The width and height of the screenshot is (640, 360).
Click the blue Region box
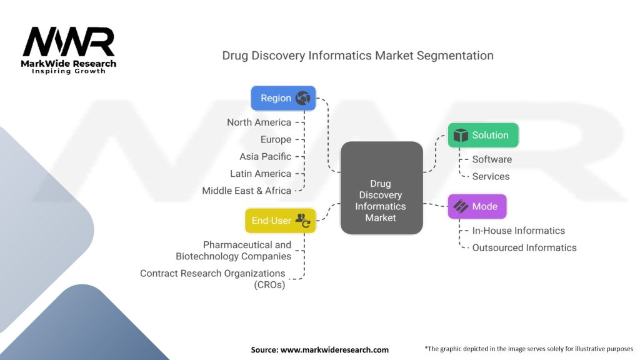283,98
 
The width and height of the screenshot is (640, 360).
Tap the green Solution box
483,135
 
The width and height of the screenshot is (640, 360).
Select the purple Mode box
477,206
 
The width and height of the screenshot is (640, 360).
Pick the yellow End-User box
280,220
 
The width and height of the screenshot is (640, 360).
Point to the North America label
259,122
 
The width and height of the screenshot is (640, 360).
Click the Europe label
276,139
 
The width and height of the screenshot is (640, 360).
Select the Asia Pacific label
265,156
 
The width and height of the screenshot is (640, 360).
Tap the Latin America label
260,173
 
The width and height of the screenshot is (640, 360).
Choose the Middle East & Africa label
246,191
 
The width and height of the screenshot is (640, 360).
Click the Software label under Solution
492,159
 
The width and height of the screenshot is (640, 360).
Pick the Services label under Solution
491,176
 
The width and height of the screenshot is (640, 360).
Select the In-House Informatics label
518,231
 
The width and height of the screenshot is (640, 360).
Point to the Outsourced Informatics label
524,247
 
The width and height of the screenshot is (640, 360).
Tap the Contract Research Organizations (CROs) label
212,279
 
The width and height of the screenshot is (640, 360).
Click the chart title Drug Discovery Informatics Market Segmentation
357,56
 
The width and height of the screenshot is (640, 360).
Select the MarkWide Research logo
69,51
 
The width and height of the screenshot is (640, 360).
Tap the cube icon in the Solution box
461,135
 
